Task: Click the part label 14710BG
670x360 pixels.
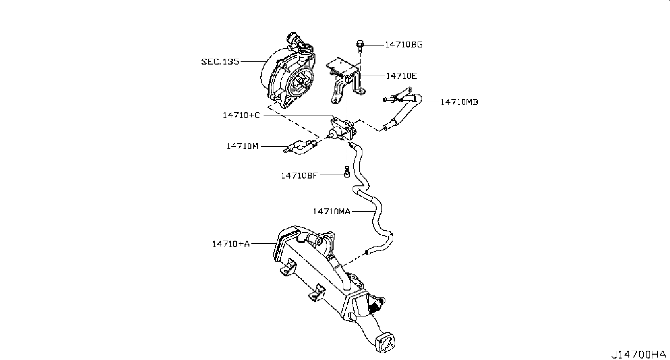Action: pos(403,45)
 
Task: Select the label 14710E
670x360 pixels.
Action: pos(401,76)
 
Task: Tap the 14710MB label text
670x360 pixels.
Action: pos(459,102)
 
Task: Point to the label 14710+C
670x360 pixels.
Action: pos(241,115)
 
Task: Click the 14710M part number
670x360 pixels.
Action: pos(242,146)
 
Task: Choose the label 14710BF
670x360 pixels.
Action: pos(300,175)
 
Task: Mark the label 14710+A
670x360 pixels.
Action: pos(230,243)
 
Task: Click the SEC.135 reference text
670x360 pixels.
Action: pos(220,62)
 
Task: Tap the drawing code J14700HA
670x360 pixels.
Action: pos(638,353)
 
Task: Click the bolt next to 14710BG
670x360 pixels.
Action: pos(359,45)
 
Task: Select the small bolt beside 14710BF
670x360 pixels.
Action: pos(347,172)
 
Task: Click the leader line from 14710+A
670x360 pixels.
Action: pos(263,243)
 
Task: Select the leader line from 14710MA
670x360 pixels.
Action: pos(362,211)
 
